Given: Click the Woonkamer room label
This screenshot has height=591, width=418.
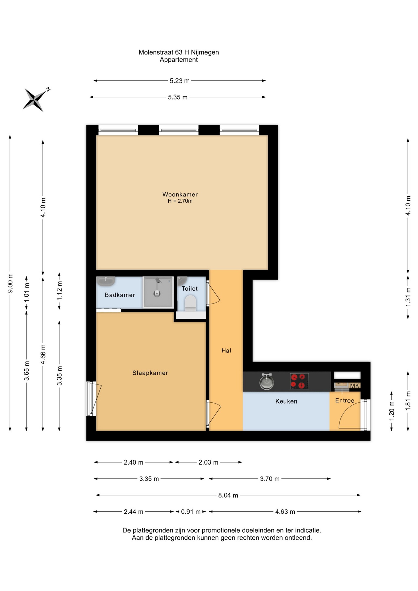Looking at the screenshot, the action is pyautogui.click(x=180, y=194).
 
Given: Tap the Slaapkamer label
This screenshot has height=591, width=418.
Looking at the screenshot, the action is pyautogui.click(x=150, y=373).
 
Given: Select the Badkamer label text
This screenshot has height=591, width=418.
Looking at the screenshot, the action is pyautogui.click(x=120, y=295).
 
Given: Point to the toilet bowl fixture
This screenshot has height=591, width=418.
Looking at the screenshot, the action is pyautogui.click(x=191, y=303).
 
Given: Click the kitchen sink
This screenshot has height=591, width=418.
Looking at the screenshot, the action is pyautogui.click(x=267, y=382).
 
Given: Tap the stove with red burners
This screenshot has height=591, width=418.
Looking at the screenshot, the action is pyautogui.click(x=299, y=381).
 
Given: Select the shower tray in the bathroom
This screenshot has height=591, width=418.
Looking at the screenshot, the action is pyautogui.click(x=158, y=292).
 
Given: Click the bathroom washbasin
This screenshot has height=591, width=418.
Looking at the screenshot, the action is pyautogui.click(x=106, y=281).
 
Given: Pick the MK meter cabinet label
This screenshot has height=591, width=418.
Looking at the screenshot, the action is pyautogui.click(x=355, y=386).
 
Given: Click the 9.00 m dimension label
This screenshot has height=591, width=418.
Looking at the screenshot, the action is pyautogui.click(x=10, y=283).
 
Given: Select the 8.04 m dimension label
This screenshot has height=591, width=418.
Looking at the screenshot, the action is pyautogui.click(x=228, y=495).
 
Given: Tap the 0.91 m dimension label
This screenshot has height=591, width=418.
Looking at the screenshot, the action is pyautogui.click(x=191, y=512).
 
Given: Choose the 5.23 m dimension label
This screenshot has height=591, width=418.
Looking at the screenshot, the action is pyautogui.click(x=180, y=81).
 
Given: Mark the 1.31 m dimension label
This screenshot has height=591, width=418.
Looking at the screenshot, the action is pyautogui.click(x=408, y=297).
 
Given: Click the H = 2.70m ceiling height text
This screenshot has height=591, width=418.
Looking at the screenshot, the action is pyautogui.click(x=180, y=201).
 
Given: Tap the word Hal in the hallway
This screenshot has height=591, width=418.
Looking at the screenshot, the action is pyautogui.click(x=226, y=350).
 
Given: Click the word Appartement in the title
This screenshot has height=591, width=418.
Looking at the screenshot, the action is pyautogui.click(x=179, y=60).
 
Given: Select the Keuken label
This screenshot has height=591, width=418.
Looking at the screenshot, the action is pyautogui.click(x=286, y=401).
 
